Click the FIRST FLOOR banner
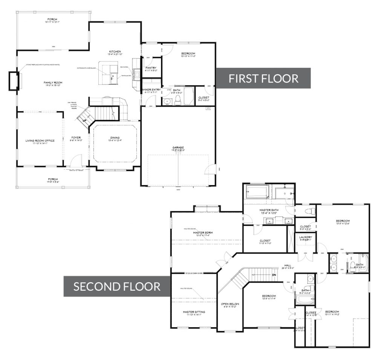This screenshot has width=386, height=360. coord(264,78)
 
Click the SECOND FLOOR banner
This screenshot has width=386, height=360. coord(117,286)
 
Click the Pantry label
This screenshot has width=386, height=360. coord(151,68)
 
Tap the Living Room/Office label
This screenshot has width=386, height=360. coord(40,141)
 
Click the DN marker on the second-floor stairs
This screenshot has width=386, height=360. coord(275,275)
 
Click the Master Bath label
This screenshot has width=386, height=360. coord(268,210)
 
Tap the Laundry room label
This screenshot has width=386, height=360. coord(306,237)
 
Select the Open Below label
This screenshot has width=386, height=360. coord(230,304)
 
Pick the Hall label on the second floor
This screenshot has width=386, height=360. coord(288,265)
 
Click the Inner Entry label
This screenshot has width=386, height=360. coord(152,90)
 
